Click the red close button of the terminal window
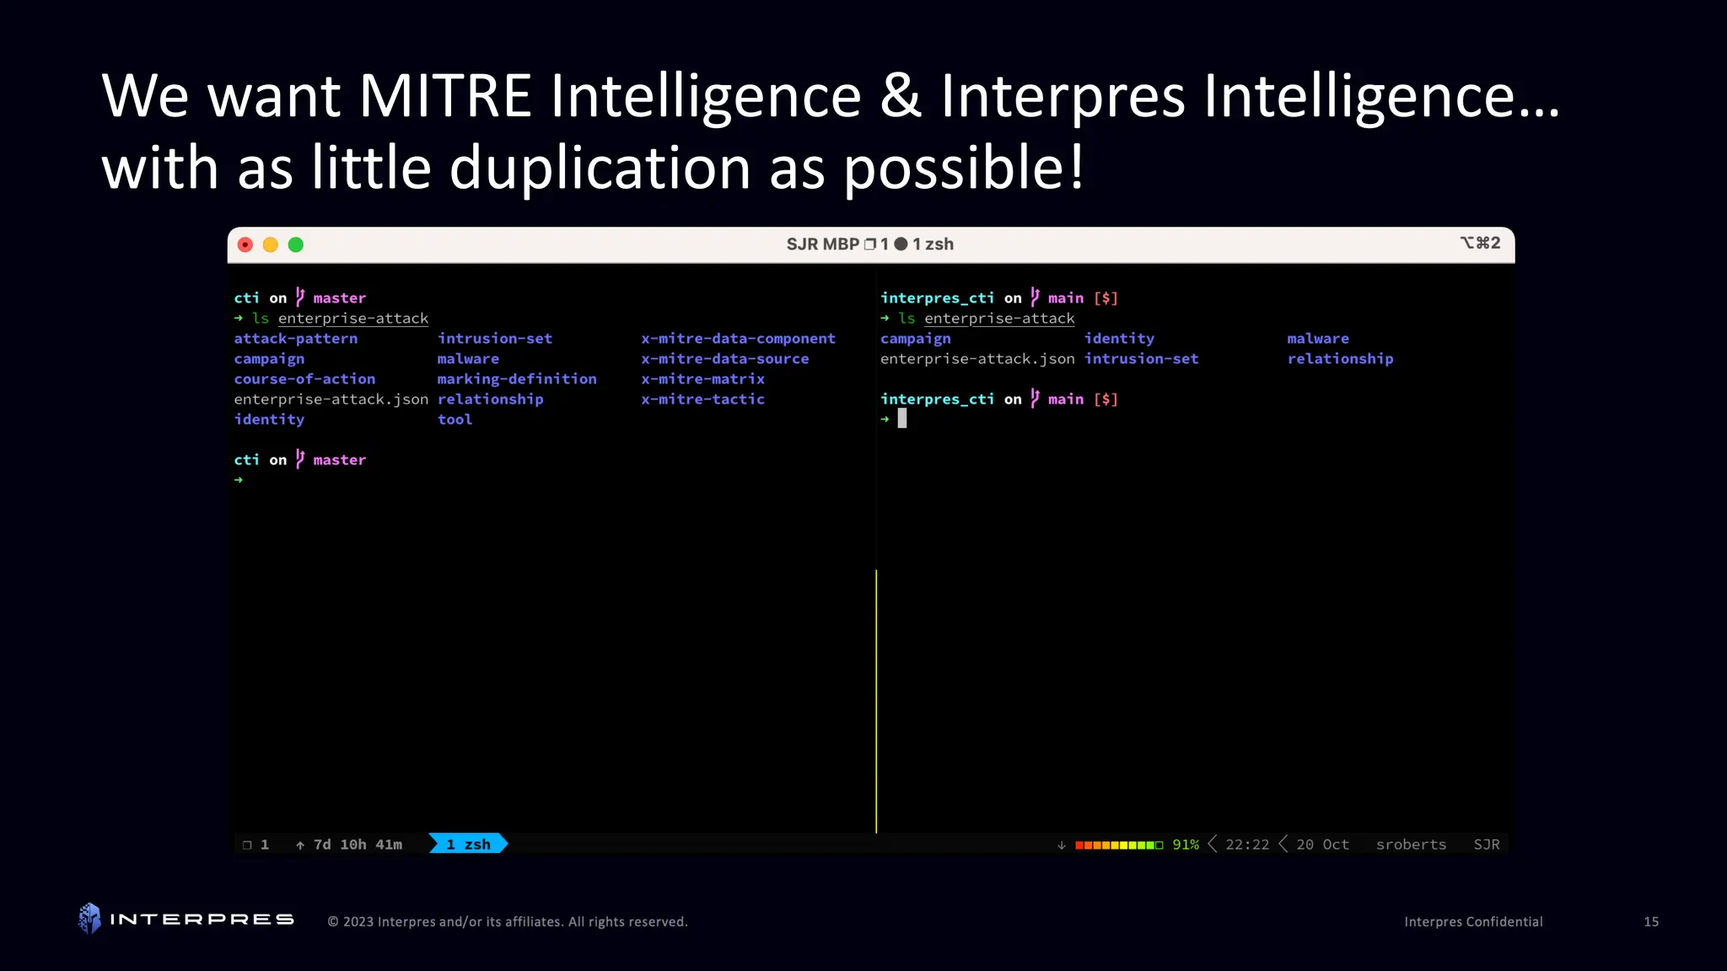(245, 244)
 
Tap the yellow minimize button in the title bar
(271, 244)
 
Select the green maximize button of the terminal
(296, 244)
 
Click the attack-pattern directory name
(296, 339)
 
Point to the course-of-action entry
(304, 379)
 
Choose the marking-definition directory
(516, 379)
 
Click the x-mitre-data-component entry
(738, 339)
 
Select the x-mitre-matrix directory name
(702, 379)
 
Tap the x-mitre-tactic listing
(702, 400)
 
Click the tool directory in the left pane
(455, 420)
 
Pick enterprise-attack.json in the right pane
(977, 359)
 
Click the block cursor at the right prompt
(902, 418)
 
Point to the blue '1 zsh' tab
(468, 844)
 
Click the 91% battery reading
(1185, 845)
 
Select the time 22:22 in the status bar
(1246, 845)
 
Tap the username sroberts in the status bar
(1411, 845)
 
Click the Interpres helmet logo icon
(89, 919)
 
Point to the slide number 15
(1650, 922)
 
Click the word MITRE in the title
(445, 96)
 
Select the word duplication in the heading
(600, 168)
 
